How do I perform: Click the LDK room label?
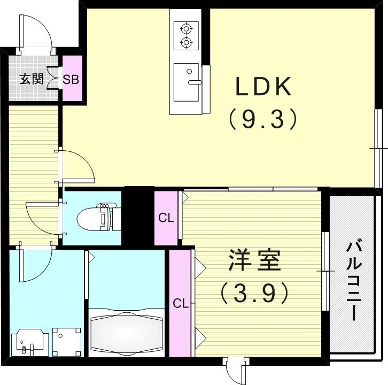(263, 86)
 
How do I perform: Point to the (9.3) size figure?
(263, 119)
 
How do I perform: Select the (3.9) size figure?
(255, 292)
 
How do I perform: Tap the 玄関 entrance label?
(31, 80)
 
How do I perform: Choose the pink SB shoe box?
(71, 80)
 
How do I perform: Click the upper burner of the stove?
(185, 28)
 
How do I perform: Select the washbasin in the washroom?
(27, 340)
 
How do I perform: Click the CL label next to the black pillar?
(166, 218)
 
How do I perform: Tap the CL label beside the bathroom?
(180, 303)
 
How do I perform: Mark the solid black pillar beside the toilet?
(138, 213)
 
